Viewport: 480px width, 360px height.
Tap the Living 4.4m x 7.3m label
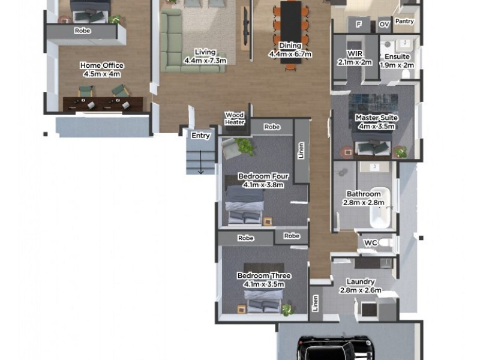click(x=205, y=56)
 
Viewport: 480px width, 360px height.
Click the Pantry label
click(x=406, y=22)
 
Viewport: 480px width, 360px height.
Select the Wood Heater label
click(x=235, y=118)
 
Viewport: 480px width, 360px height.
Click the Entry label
click(x=200, y=136)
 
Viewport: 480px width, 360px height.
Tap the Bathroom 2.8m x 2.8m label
click(x=363, y=198)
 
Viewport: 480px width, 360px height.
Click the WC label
click(x=370, y=242)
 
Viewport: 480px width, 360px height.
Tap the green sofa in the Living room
click(x=180, y=45)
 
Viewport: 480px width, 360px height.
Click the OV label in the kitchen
click(x=384, y=25)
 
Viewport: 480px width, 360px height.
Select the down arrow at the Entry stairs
click(x=201, y=169)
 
